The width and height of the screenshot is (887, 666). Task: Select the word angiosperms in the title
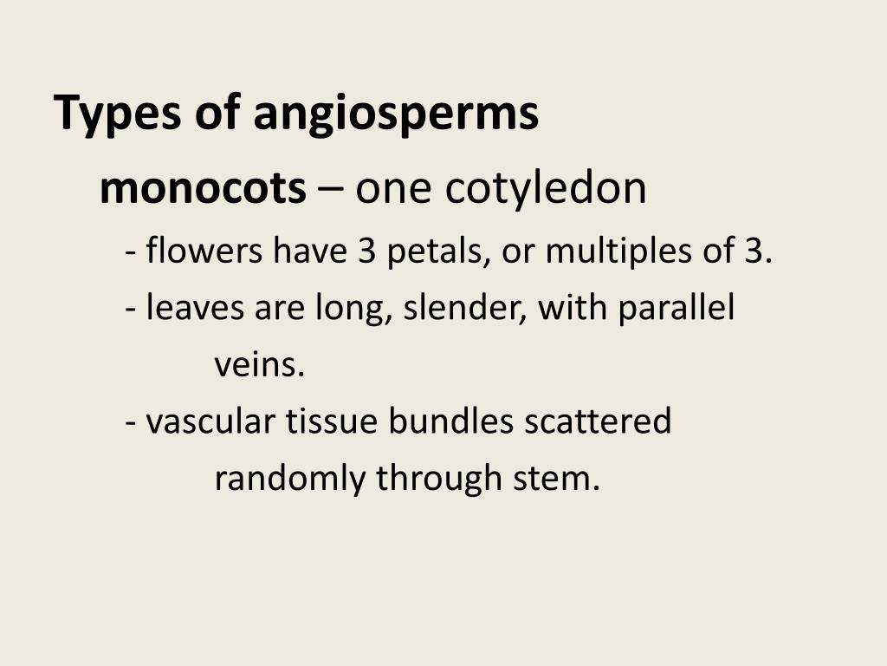tap(396, 114)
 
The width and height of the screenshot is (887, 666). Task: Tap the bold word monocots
tap(203, 188)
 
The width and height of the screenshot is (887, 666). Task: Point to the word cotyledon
tap(546, 188)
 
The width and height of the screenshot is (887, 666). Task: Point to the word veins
tap(260, 365)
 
